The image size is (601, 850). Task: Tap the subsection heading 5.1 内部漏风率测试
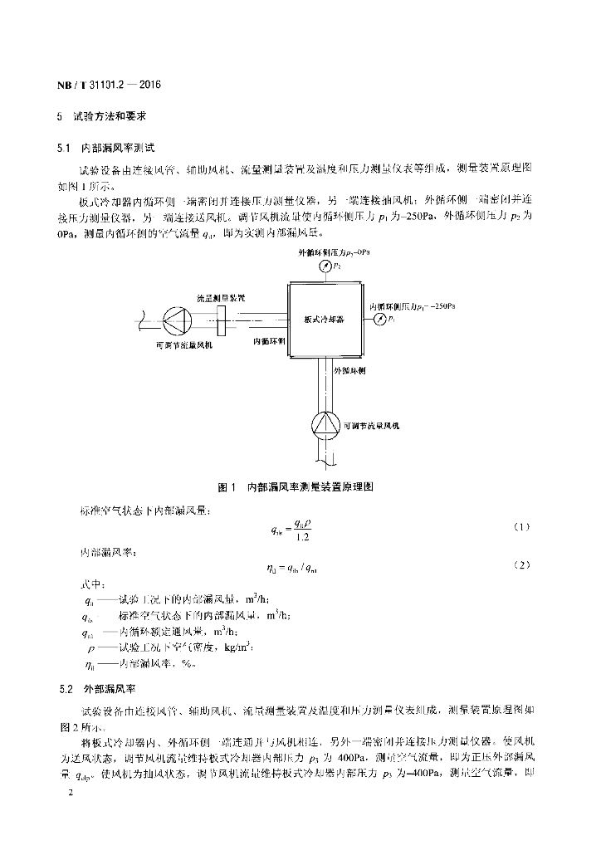pos(107,147)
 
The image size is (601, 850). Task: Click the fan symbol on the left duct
pos(176,319)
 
